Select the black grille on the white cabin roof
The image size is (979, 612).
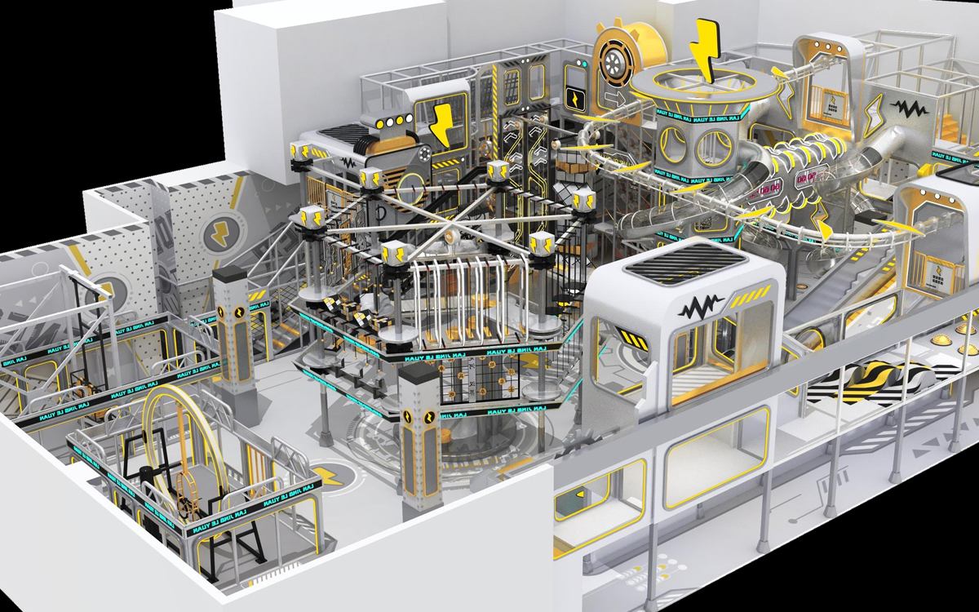(x=686, y=264)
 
